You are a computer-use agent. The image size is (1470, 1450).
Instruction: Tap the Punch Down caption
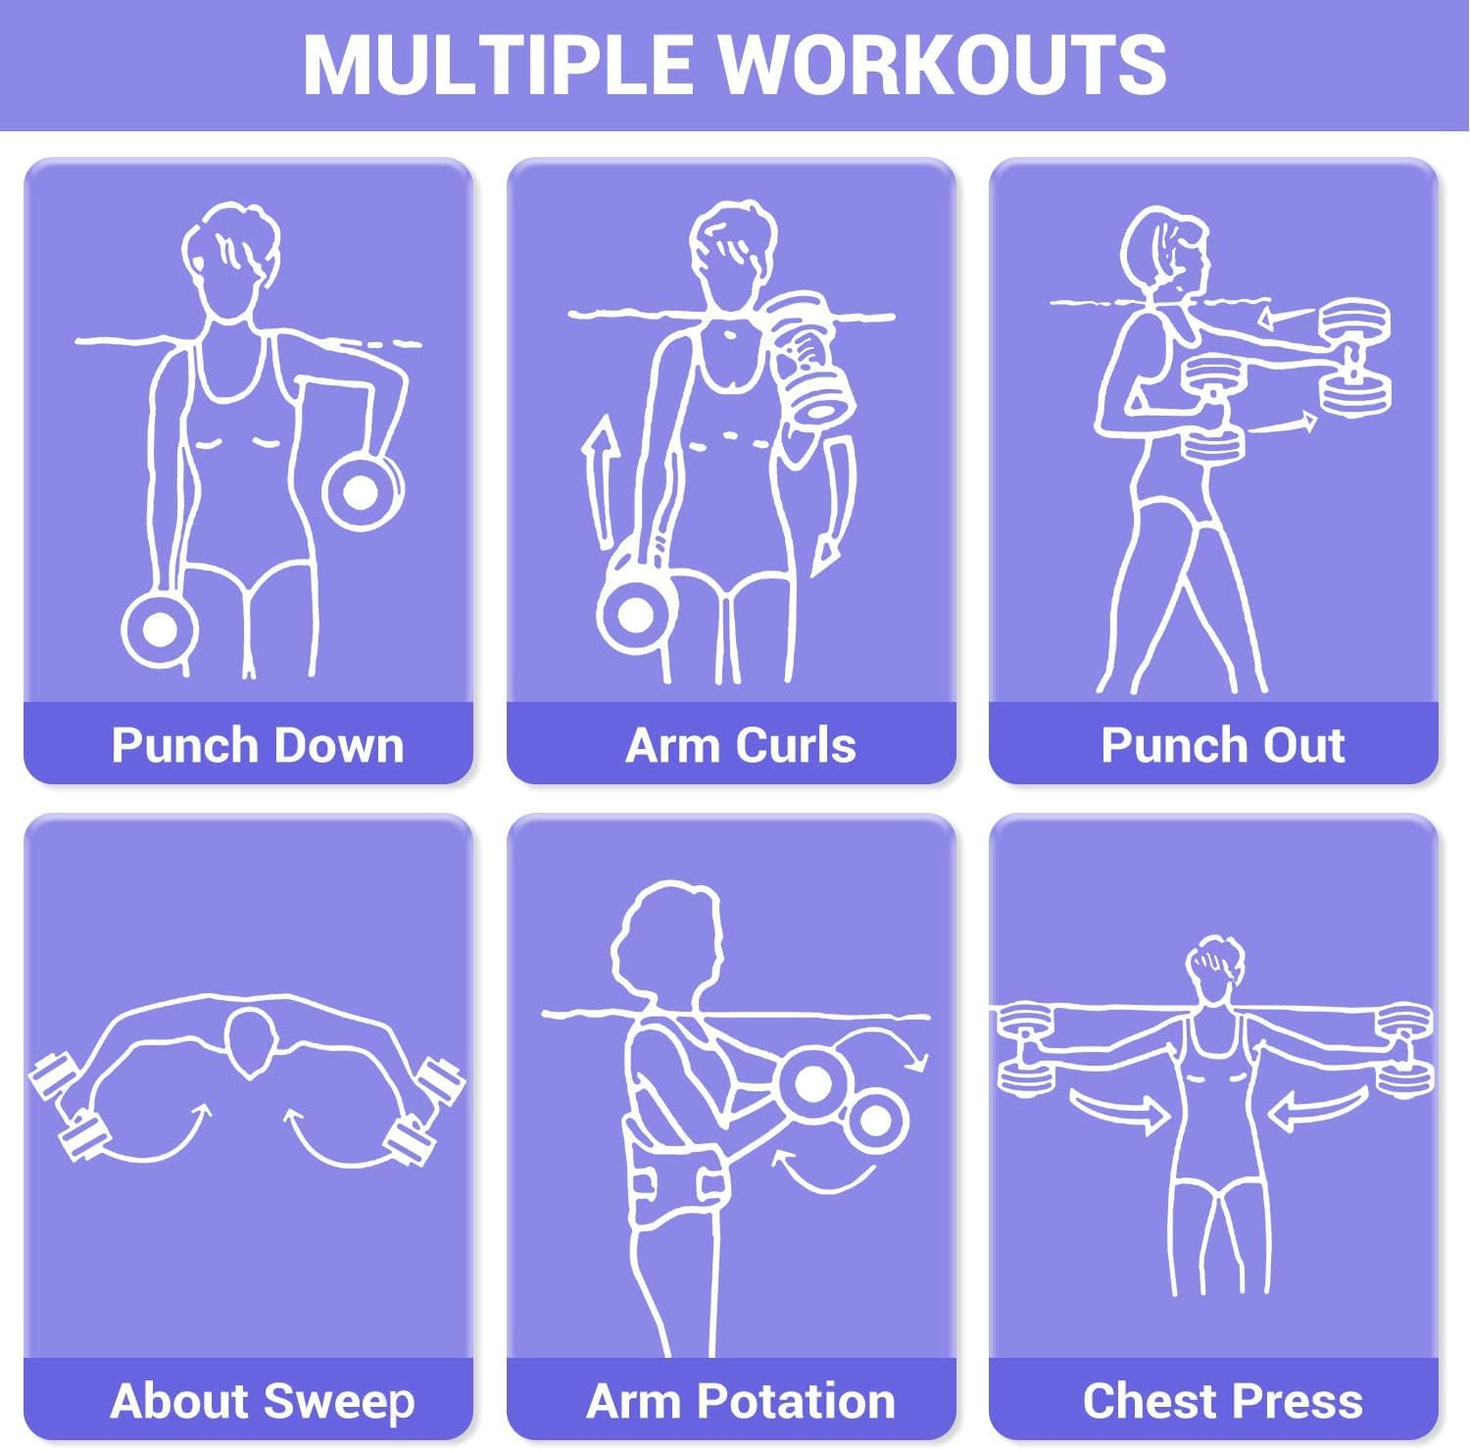click(258, 745)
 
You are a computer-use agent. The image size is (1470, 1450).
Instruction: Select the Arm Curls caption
click(741, 745)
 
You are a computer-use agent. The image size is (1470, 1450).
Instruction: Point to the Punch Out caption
click(1222, 745)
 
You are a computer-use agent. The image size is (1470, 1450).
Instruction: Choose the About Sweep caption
click(263, 1401)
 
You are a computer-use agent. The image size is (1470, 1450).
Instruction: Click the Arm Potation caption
click(741, 1401)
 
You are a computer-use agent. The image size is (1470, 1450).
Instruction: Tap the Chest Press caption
click(1222, 1401)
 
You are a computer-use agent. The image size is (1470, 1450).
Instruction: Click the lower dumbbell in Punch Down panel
click(160, 627)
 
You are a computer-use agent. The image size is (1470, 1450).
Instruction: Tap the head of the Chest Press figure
click(1214, 971)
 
